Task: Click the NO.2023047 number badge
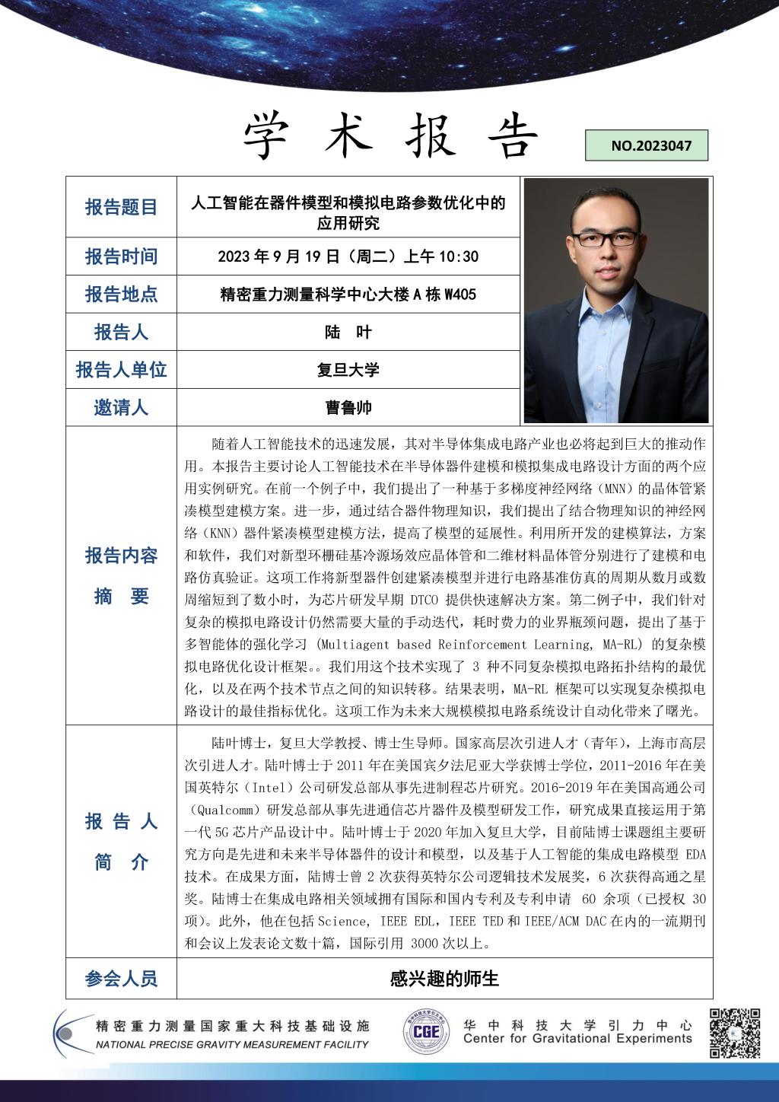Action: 646,145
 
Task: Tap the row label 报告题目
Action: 121,207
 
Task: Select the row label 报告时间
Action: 121,256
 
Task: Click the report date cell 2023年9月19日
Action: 348,256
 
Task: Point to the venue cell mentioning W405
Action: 348,295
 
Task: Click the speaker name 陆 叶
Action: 348,332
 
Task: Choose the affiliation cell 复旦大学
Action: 348,370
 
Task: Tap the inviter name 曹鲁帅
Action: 348,408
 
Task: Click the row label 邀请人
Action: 121,408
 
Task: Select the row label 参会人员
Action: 121,978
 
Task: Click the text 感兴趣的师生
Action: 444,978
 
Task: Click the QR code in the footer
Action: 735,1034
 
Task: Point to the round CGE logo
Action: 426,1033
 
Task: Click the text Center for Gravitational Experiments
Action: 577,1039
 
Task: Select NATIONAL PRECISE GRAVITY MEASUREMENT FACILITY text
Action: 232,1045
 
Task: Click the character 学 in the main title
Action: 270,137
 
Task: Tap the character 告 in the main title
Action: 511,137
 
